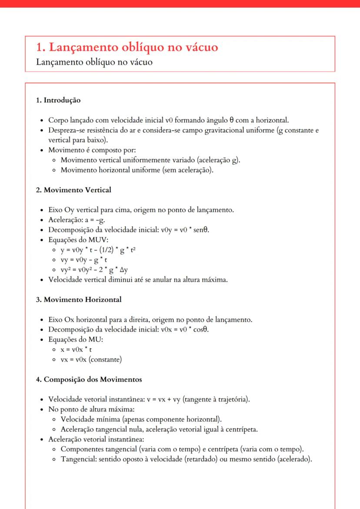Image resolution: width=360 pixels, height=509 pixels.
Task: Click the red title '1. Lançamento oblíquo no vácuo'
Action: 127,47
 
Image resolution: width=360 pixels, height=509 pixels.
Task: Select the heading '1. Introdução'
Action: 58,100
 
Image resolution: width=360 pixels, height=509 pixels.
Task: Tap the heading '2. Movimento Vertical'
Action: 73,190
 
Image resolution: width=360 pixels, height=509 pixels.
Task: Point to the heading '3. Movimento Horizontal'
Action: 79,299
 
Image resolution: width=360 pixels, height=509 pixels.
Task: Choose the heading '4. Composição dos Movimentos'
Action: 89,379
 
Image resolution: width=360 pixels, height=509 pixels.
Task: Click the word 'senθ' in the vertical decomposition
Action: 207,230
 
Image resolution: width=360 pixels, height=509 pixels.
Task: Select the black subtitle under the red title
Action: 94,62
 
